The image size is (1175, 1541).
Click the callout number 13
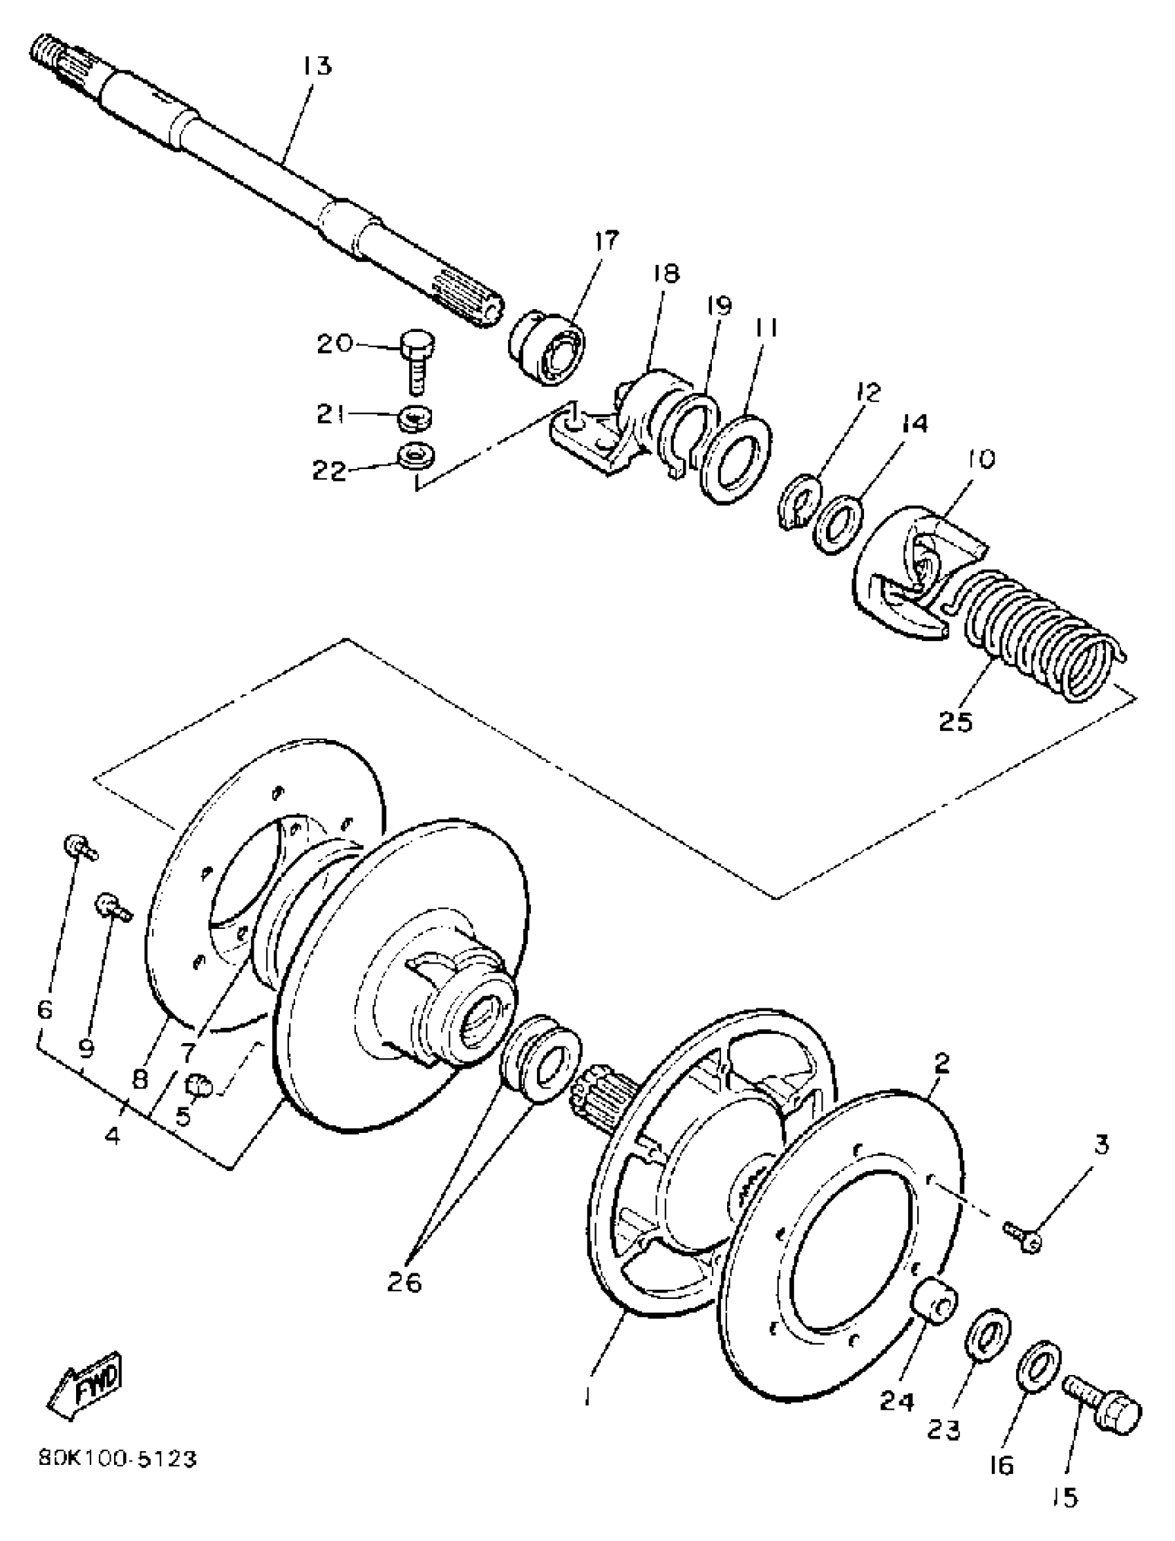pyautogui.click(x=316, y=66)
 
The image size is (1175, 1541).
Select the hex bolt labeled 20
pyautogui.click(x=417, y=360)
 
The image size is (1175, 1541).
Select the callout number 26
pyautogui.click(x=405, y=1283)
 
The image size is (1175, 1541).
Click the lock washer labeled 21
pyautogui.click(x=416, y=418)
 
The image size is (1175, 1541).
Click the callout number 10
pyautogui.click(x=980, y=459)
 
